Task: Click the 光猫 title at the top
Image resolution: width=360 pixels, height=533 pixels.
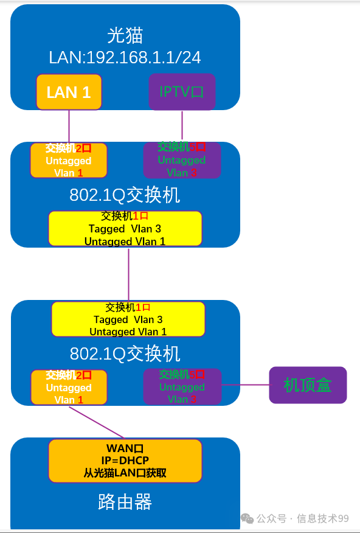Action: click(125, 35)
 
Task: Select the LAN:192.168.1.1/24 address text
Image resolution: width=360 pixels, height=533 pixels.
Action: click(125, 57)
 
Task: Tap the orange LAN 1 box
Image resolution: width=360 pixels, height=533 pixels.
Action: click(69, 92)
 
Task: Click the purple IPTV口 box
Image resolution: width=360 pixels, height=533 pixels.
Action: click(182, 92)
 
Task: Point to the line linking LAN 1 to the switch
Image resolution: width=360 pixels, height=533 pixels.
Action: click(69, 126)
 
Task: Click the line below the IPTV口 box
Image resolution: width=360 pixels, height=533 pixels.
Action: click(182, 126)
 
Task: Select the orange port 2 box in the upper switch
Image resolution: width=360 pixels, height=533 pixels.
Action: click(69, 160)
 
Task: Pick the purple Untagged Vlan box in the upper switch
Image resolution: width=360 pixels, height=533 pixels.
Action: click(182, 160)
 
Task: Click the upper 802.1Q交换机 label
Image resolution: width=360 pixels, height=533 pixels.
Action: click(125, 195)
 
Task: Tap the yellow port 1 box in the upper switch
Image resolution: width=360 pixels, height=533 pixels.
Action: click(125, 229)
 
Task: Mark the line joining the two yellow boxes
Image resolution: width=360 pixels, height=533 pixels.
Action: click(128, 274)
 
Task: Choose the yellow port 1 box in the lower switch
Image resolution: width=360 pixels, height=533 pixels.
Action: click(128, 319)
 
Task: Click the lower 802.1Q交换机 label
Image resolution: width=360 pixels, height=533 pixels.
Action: click(125, 354)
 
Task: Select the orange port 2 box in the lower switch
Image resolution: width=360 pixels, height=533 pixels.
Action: click(69, 387)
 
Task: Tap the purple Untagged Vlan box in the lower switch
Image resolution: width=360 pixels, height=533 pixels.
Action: click(182, 386)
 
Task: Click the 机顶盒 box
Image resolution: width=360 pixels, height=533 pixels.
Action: click(308, 385)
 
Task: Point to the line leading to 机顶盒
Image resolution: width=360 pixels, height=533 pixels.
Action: click(245, 385)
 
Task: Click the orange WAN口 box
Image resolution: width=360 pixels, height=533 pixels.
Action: click(125, 461)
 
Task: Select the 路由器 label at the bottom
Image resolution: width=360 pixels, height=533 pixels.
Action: click(125, 502)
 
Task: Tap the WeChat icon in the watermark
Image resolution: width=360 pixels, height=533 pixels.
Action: click(247, 518)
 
